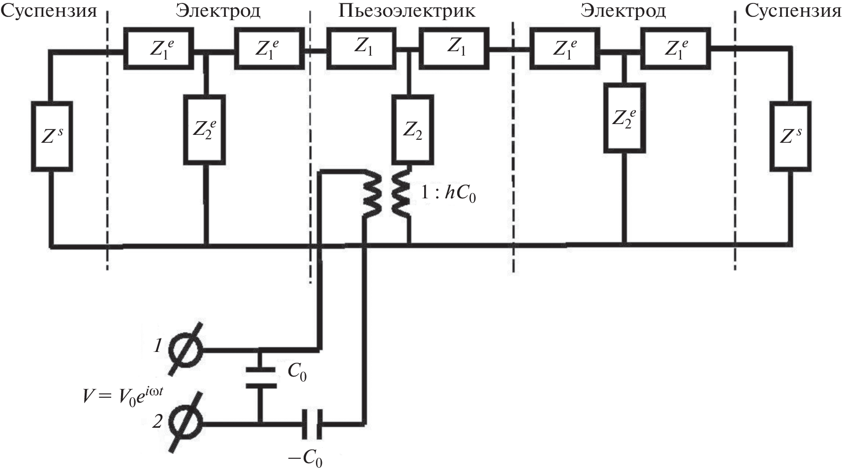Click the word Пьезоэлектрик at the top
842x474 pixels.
click(406, 11)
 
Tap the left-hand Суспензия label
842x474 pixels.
click(49, 11)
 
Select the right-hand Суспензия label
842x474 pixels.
click(792, 11)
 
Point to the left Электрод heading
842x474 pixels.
click(218, 11)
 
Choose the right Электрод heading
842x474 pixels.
click(623, 11)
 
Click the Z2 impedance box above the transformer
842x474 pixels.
click(413, 130)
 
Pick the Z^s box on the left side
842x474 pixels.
click(52, 136)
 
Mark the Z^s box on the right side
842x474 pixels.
click(790, 136)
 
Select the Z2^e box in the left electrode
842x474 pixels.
click(205, 130)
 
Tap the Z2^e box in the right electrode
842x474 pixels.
click(624, 117)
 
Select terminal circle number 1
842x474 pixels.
click(186, 350)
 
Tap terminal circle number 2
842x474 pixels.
click(186, 423)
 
